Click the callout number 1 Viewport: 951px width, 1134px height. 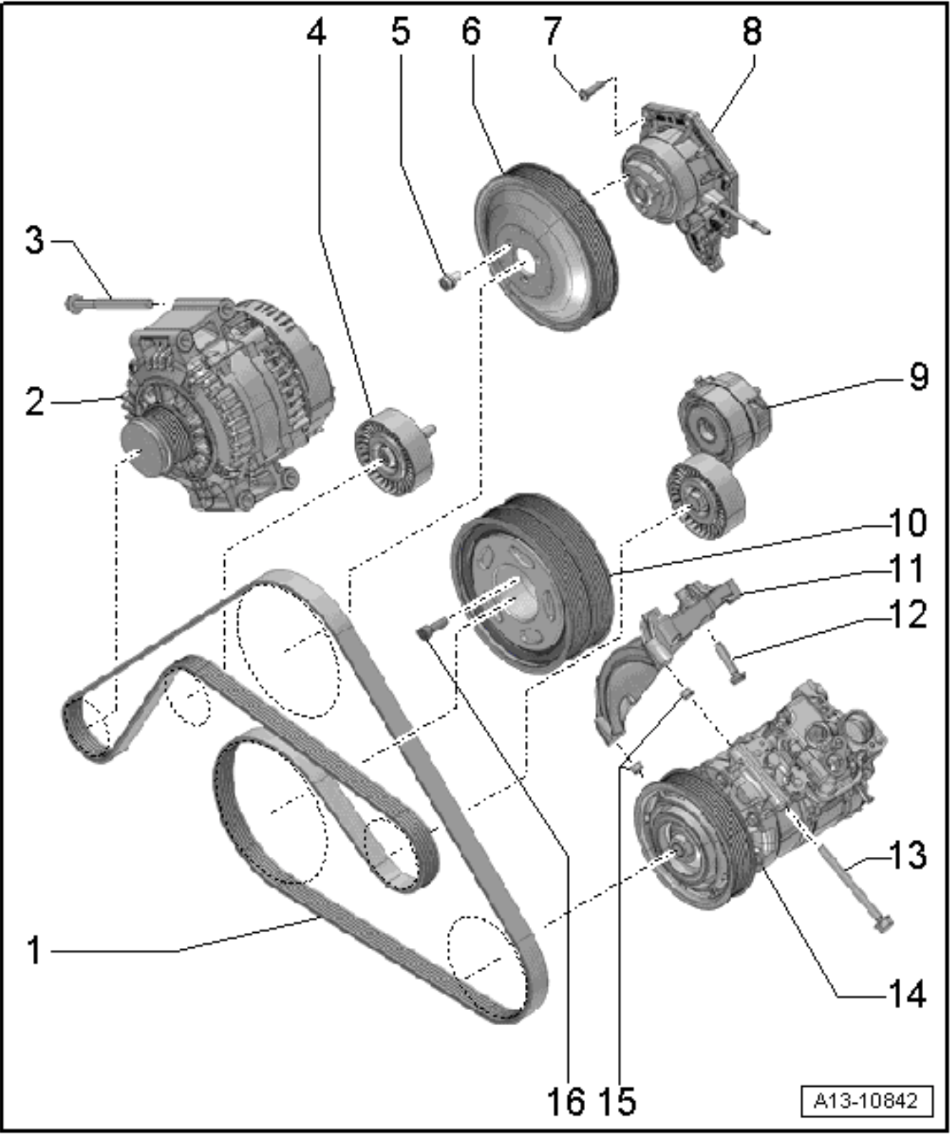34,951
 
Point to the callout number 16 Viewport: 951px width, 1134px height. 566,1102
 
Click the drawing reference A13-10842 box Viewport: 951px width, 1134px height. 867,1101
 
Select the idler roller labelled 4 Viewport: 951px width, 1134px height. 395,452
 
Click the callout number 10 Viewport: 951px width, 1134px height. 908,523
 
